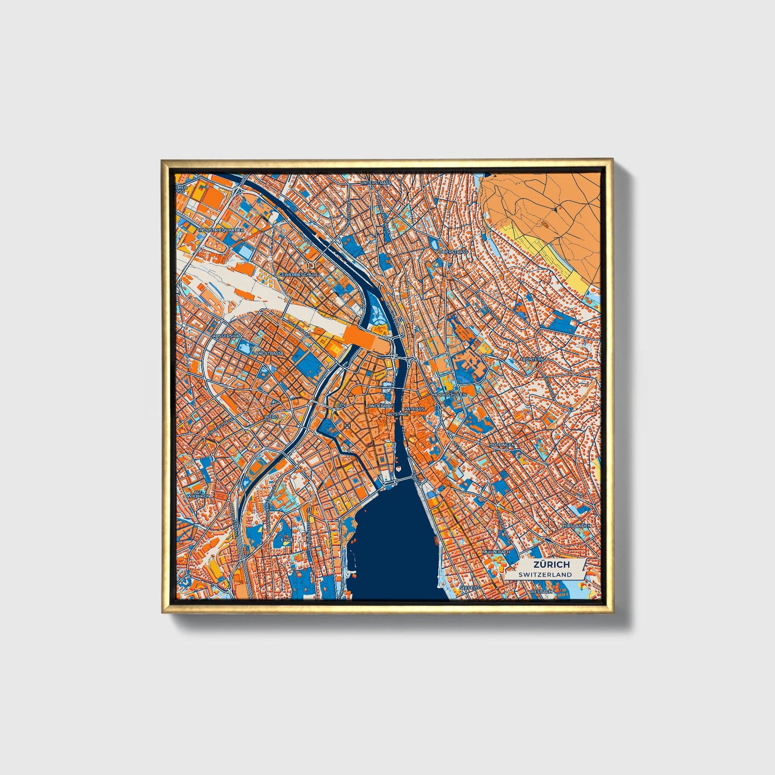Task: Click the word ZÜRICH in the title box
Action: tap(551, 565)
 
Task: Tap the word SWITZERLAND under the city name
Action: tap(545, 574)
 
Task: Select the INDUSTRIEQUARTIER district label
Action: tap(221, 230)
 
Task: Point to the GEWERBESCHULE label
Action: tap(298, 274)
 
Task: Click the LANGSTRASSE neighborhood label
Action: tap(269, 353)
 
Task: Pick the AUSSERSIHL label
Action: tap(228, 336)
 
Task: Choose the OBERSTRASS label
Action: tap(453, 252)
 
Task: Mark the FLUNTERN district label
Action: tap(532, 359)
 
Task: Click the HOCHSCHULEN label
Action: tap(449, 394)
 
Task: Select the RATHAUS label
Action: tap(414, 409)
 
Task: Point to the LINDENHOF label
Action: tap(380, 406)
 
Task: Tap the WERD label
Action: tap(271, 417)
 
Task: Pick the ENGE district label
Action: tap(287, 540)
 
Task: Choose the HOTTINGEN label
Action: tap(502, 445)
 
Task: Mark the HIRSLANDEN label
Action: tap(577, 526)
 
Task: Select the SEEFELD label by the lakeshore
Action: tap(469, 588)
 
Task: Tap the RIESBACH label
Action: tap(541, 592)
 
